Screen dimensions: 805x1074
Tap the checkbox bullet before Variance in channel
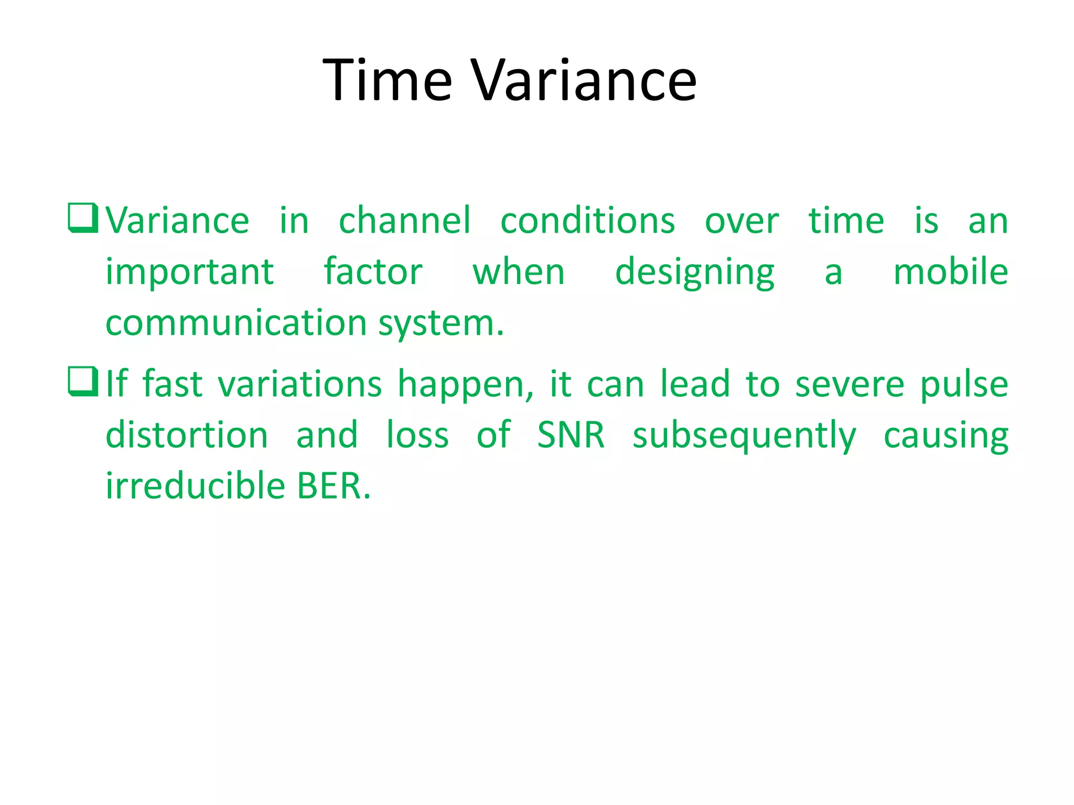point(83,217)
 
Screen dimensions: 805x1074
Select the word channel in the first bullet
point(404,221)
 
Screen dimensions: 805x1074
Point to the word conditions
point(587,221)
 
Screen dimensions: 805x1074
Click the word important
point(189,273)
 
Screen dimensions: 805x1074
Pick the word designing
point(695,273)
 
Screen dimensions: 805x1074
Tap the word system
point(441,324)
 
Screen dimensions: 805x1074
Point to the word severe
point(850,384)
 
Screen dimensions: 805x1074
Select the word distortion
point(187,435)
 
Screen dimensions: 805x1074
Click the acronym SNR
point(571,435)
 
